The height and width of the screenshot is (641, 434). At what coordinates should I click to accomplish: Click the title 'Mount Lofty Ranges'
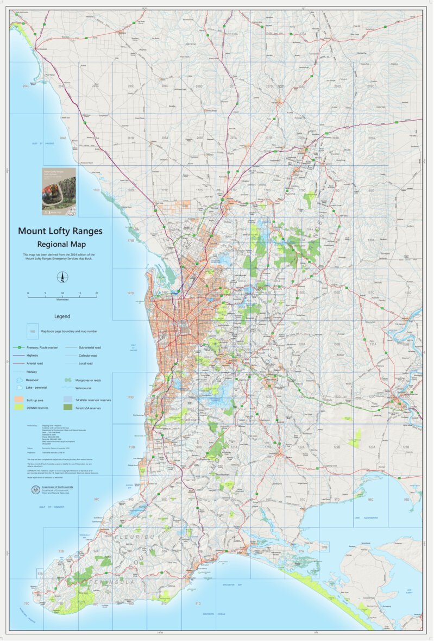pyautogui.click(x=60, y=231)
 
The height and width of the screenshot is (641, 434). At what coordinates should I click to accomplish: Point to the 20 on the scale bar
pyautogui.click(x=97, y=293)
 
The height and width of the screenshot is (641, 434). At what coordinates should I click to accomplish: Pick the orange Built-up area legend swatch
pyautogui.click(x=19, y=399)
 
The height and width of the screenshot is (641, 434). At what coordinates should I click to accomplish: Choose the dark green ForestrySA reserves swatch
pyautogui.click(x=68, y=407)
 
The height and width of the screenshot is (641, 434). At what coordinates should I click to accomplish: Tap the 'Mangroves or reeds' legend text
pyautogui.click(x=90, y=380)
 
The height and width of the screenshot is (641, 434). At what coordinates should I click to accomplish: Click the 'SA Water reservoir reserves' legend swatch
pyautogui.click(x=68, y=399)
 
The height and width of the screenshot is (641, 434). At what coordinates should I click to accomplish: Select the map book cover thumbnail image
pyautogui.click(x=59, y=189)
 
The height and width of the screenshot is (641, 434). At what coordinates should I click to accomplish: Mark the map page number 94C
pyautogui.click(x=96, y=499)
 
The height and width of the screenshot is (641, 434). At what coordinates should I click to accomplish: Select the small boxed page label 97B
pyautogui.click(x=324, y=547)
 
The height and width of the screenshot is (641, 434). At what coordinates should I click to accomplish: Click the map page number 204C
pyautogui.click(x=26, y=86)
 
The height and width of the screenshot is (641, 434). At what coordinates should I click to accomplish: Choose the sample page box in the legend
pyautogui.click(x=32, y=331)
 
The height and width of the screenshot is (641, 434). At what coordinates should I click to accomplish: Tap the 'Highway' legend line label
pyautogui.click(x=32, y=355)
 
